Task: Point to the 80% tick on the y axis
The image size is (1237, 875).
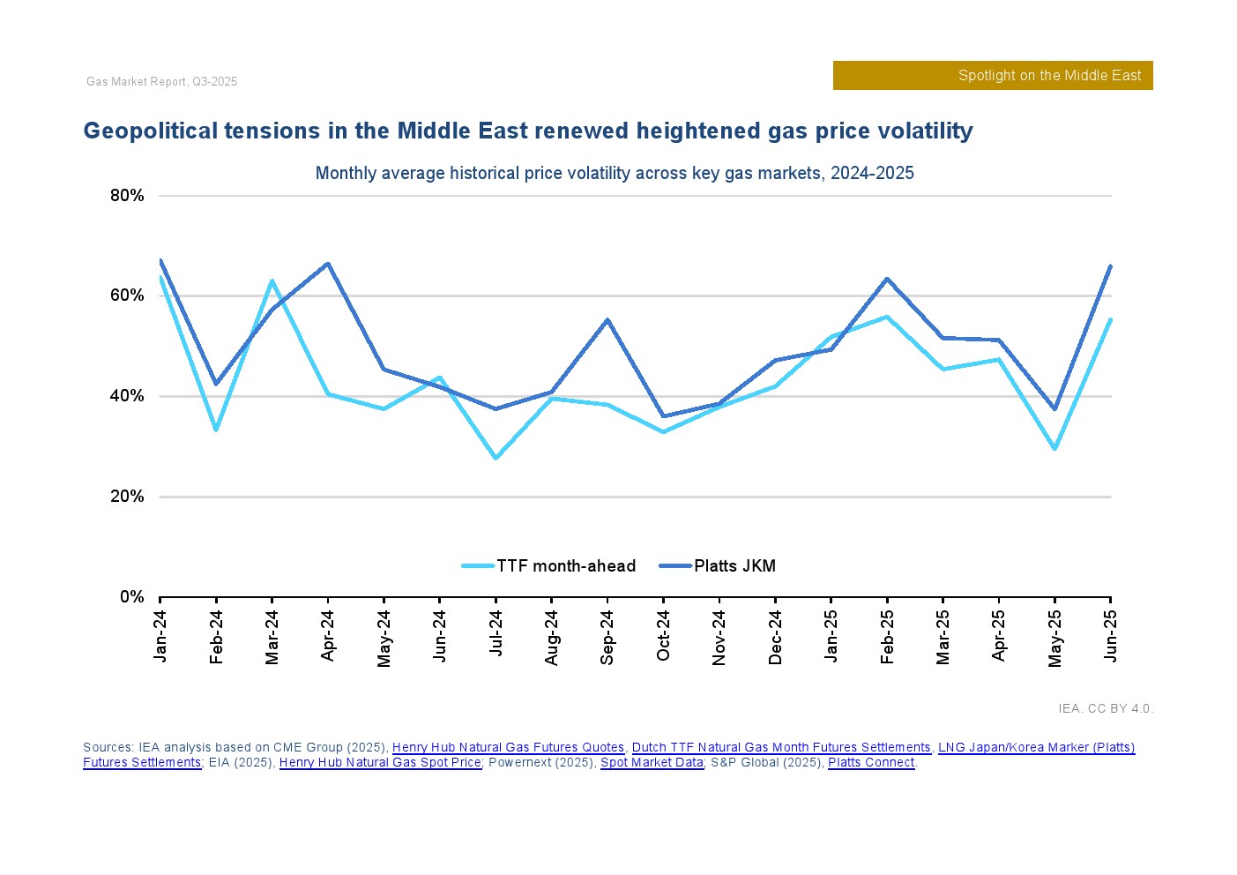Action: point(127,196)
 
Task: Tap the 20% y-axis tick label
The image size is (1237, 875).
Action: point(127,497)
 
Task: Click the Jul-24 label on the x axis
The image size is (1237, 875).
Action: point(496,632)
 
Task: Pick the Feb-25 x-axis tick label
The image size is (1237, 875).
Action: point(887,636)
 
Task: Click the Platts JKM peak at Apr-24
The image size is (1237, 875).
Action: point(328,264)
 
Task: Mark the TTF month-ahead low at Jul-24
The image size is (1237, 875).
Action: point(496,459)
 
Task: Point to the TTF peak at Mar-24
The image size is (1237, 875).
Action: point(272,280)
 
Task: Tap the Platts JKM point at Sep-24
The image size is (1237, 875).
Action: point(607,319)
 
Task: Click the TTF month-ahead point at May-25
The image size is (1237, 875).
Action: point(1054,449)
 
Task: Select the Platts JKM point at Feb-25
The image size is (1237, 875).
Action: point(887,279)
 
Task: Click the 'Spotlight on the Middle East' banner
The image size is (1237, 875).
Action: point(993,76)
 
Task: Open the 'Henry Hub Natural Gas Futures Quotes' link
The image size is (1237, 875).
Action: point(508,748)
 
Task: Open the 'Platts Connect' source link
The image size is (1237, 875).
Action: point(871,763)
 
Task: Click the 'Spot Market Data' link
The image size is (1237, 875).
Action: point(652,763)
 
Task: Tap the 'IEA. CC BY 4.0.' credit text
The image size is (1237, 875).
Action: point(1106,708)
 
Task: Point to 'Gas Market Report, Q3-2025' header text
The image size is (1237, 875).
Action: point(162,82)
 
